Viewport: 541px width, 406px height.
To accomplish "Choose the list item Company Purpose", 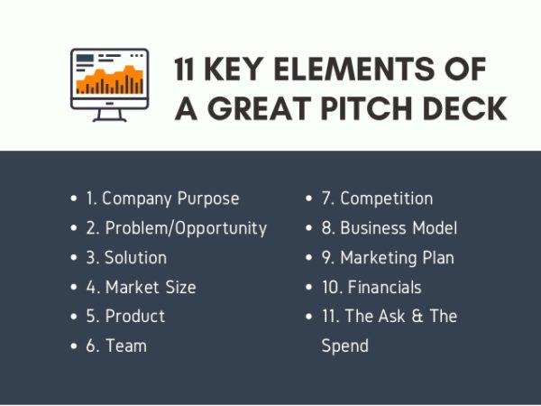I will coord(162,198).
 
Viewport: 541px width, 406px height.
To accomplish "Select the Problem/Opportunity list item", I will coord(176,227).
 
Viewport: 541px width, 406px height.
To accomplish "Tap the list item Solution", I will coord(126,257).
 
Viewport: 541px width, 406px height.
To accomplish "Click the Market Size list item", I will coord(141,287).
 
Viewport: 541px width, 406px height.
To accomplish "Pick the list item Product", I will coord(125,316).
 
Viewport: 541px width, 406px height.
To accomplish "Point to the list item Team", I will coord(116,346).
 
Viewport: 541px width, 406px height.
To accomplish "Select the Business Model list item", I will coord(390,227).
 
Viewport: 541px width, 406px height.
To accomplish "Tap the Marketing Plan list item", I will coord(388,257).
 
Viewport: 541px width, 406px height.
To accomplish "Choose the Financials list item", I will coord(371,287).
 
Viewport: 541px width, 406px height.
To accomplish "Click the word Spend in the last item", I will coord(344,346).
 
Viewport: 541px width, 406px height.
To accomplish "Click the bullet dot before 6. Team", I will coord(75,346).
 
